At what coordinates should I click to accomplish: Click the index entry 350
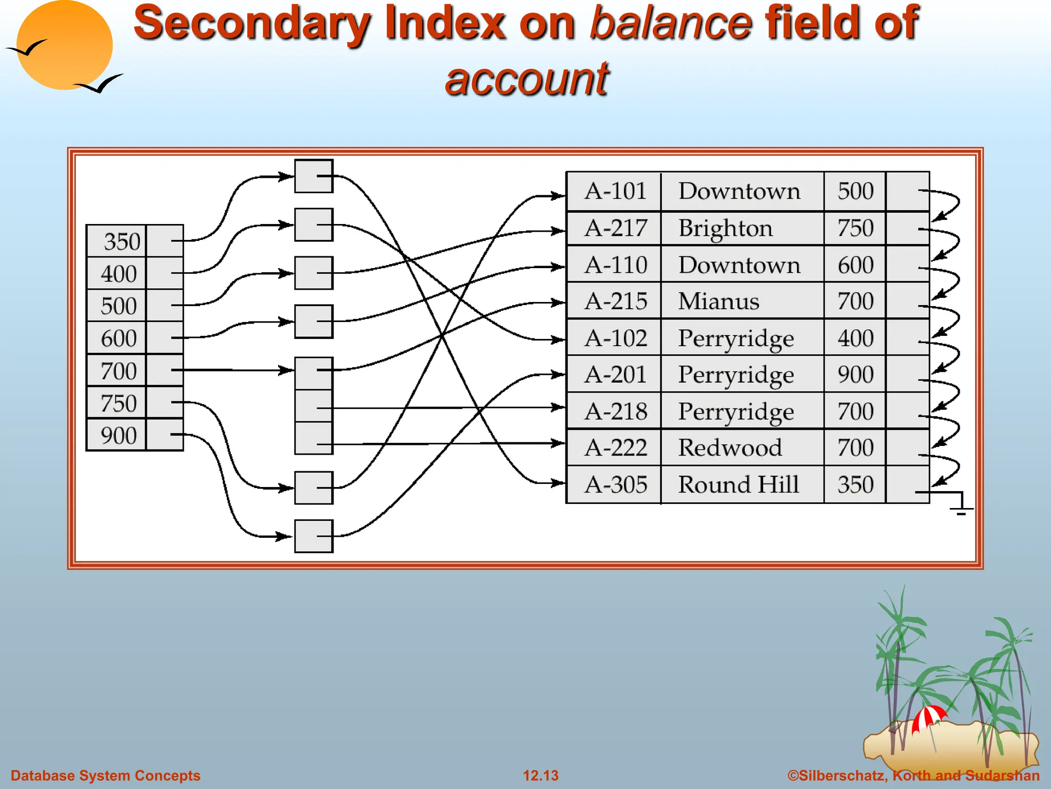click(x=122, y=241)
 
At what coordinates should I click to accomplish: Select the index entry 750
click(x=119, y=403)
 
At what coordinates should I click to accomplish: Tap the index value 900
click(x=119, y=436)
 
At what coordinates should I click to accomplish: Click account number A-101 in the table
click(x=615, y=191)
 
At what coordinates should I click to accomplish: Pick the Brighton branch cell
click(x=725, y=228)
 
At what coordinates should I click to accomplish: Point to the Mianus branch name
click(x=718, y=301)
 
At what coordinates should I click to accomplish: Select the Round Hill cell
click(x=738, y=484)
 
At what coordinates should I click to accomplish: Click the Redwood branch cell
click(x=730, y=447)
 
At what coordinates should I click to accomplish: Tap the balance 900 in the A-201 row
click(x=855, y=374)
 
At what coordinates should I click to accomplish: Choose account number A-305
click(x=615, y=484)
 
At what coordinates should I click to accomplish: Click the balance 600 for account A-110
click(x=855, y=265)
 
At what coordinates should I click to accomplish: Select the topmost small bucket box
click(x=314, y=176)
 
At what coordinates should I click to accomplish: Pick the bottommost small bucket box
click(x=314, y=536)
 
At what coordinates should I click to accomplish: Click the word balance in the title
click(x=671, y=23)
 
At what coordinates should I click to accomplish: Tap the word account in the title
click(x=527, y=79)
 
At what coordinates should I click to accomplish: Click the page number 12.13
click(x=540, y=775)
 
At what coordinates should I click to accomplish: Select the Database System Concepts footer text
click(x=105, y=775)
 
